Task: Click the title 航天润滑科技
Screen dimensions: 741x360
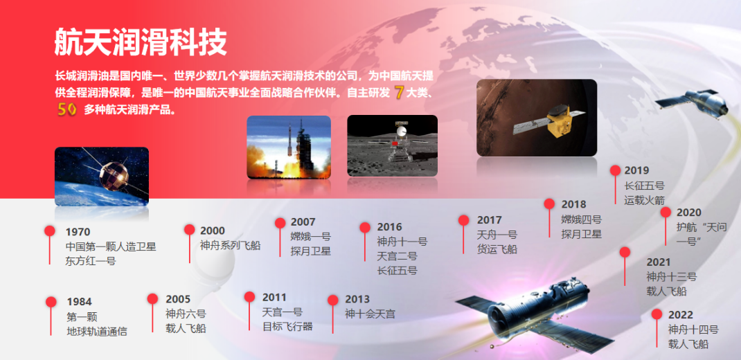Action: coord(141,42)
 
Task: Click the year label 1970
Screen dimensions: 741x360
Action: coord(78,232)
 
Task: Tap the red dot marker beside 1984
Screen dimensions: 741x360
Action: coord(51,302)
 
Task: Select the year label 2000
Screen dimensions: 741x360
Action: coord(213,231)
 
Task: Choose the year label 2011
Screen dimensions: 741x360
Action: coord(274,298)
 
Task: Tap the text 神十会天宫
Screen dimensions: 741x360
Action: coord(370,314)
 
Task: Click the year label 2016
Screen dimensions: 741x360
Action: coord(389,227)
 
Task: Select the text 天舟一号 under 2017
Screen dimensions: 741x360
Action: coord(497,235)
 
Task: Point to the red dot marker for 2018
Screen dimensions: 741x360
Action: coord(549,204)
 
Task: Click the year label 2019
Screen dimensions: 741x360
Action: coord(636,170)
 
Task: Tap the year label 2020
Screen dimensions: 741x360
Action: coord(689,213)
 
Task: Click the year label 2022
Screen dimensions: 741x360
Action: coord(681,314)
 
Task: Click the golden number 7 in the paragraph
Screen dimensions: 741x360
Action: coord(399,93)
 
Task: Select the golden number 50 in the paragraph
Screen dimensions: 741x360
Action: coord(66,109)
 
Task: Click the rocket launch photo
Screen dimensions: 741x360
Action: coord(289,147)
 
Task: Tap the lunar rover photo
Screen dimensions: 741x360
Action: coord(392,145)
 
